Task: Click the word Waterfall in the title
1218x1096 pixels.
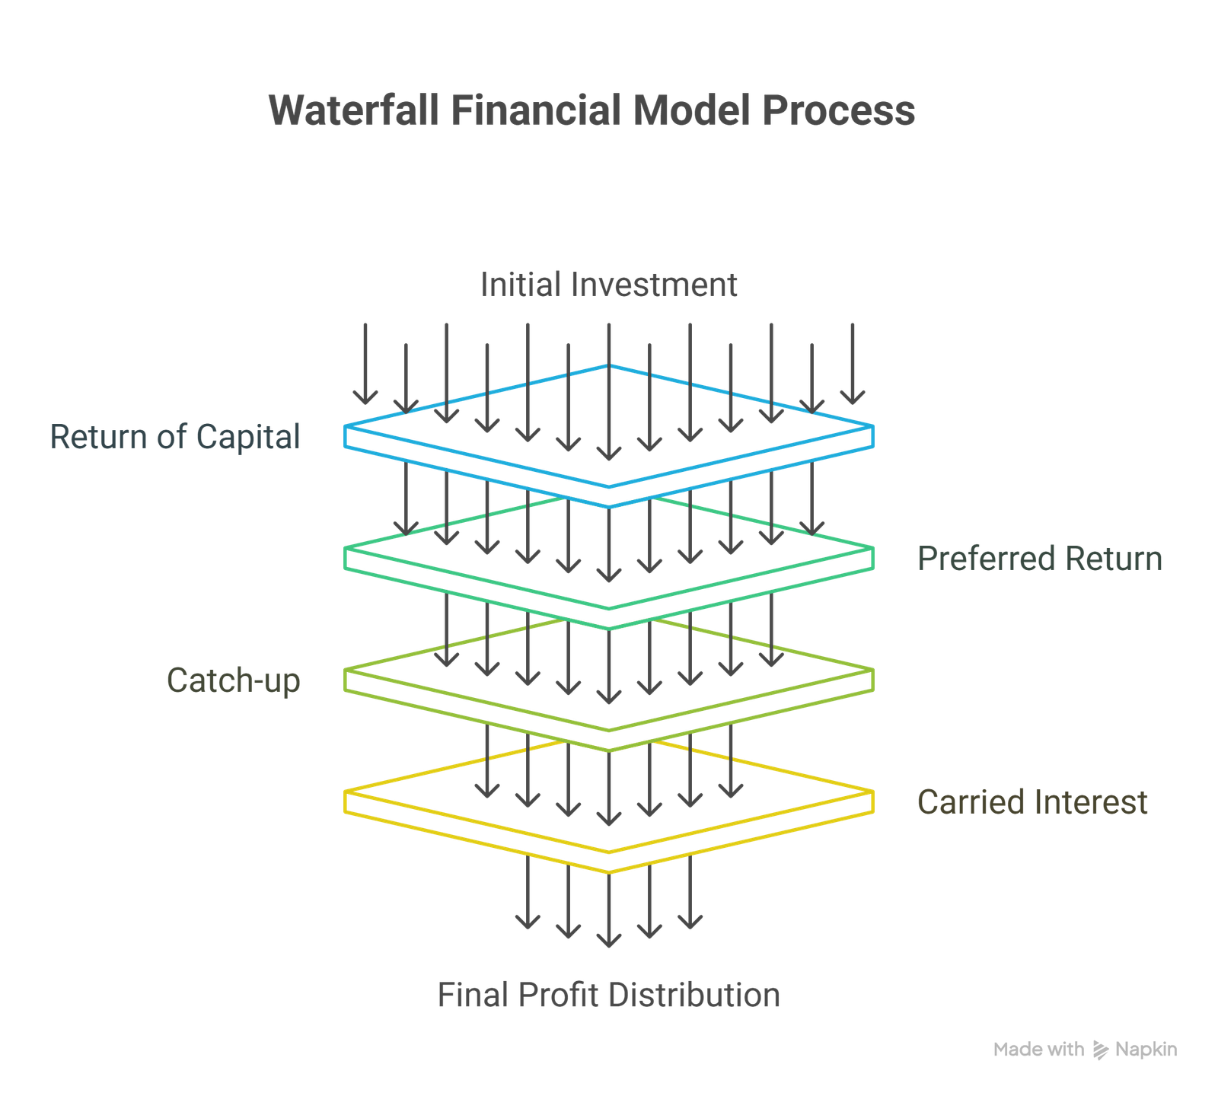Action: coord(354,110)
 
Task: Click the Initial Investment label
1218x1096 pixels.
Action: coord(608,285)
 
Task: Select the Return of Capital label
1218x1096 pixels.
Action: coord(176,437)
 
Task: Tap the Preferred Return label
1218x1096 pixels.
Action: coord(1040,559)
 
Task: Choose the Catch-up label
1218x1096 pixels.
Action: coord(234,680)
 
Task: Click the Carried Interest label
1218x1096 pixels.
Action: coord(1032,802)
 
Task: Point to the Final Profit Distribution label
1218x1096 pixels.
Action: coord(608,996)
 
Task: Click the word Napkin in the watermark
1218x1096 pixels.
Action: coord(1146,1050)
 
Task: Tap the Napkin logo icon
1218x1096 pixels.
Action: coord(1100,1050)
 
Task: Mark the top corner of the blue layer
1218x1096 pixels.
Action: coord(609,366)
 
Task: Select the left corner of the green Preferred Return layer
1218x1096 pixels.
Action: coord(345,548)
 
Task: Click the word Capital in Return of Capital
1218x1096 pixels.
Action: coord(248,437)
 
